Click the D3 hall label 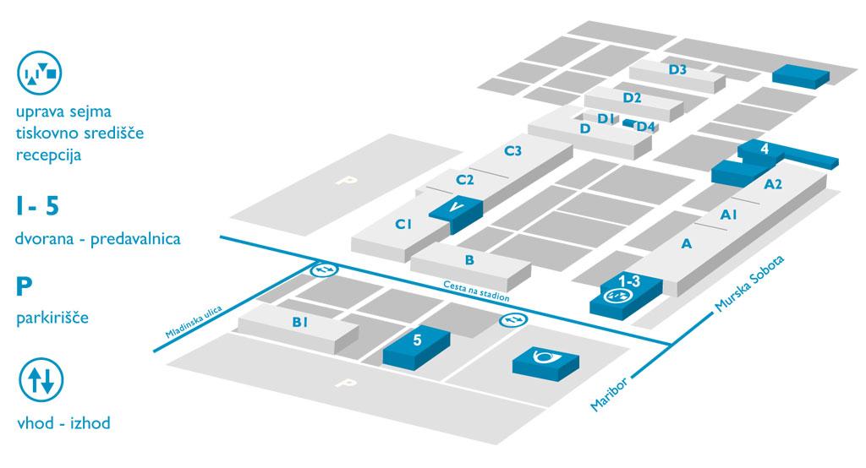(677, 69)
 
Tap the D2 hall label (633, 97)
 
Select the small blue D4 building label (645, 127)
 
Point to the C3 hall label (512, 151)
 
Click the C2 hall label (464, 179)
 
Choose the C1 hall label (403, 225)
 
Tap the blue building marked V (456, 207)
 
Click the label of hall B (469, 260)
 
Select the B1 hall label (300, 322)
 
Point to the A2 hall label (773, 183)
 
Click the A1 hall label (729, 216)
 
